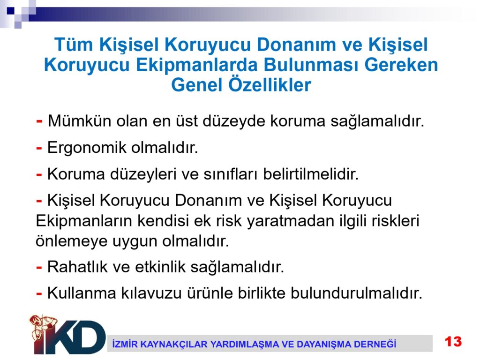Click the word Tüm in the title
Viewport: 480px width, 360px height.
pyautogui.click(x=74, y=45)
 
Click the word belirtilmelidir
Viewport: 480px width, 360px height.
pyautogui.click(x=311, y=174)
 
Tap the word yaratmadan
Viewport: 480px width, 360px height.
pyautogui.click(x=290, y=221)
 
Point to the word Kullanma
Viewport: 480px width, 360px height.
pyautogui.click(x=82, y=293)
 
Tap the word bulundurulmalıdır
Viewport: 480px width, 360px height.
pyautogui.click(x=356, y=293)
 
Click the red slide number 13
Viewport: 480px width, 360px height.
pyautogui.click(x=453, y=341)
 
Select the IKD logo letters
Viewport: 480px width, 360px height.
pyautogui.click(x=70, y=337)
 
